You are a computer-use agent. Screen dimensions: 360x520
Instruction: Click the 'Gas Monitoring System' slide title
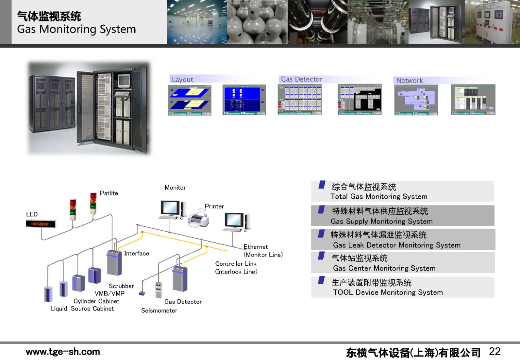[x=76, y=29]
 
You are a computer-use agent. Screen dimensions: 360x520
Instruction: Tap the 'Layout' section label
[x=182, y=80]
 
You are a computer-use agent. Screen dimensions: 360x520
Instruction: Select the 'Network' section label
[x=410, y=80]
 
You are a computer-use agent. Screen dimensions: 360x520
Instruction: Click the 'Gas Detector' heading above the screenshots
[x=302, y=79]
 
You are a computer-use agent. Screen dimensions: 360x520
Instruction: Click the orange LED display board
[x=41, y=224]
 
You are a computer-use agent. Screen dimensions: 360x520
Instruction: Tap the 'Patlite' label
[x=109, y=193]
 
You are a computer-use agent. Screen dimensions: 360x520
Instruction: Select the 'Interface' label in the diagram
[x=136, y=253]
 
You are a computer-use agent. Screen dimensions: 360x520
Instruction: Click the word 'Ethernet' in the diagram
[x=256, y=247]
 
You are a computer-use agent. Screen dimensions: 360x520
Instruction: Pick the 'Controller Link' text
[x=236, y=264]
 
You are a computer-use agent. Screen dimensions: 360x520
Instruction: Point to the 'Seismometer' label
[x=159, y=311]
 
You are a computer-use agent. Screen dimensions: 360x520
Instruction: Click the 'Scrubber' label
[x=121, y=286]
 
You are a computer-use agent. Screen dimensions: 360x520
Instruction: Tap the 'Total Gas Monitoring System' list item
[x=379, y=196]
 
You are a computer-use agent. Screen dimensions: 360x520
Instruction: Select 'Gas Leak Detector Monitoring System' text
[x=396, y=245]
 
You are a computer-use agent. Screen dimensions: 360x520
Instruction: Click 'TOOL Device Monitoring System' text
[x=388, y=292]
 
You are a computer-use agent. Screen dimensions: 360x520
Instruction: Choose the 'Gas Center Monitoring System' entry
[x=384, y=268]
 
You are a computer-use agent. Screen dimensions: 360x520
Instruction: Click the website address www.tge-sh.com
[x=63, y=352]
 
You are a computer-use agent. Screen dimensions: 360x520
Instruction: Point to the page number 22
[x=495, y=351]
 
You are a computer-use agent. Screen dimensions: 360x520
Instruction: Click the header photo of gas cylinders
[x=257, y=22]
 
